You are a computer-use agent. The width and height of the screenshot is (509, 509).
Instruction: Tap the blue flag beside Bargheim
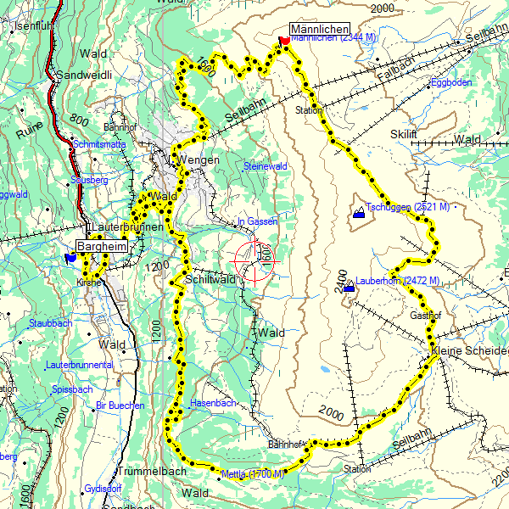click(x=70, y=257)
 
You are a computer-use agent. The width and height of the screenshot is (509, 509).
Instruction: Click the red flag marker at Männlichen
click(x=283, y=40)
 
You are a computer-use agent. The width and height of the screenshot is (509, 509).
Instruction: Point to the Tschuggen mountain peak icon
click(x=360, y=212)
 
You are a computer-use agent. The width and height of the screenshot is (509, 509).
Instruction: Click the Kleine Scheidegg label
click(x=469, y=350)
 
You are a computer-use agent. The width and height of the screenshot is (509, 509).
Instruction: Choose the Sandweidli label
click(x=84, y=75)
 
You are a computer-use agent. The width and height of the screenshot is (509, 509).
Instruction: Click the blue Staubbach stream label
click(x=50, y=323)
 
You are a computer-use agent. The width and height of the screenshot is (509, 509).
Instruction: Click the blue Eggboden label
click(x=451, y=82)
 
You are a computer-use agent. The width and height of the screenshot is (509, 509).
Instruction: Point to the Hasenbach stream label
click(x=213, y=403)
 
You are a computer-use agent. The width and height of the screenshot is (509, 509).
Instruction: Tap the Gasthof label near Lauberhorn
click(x=426, y=315)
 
